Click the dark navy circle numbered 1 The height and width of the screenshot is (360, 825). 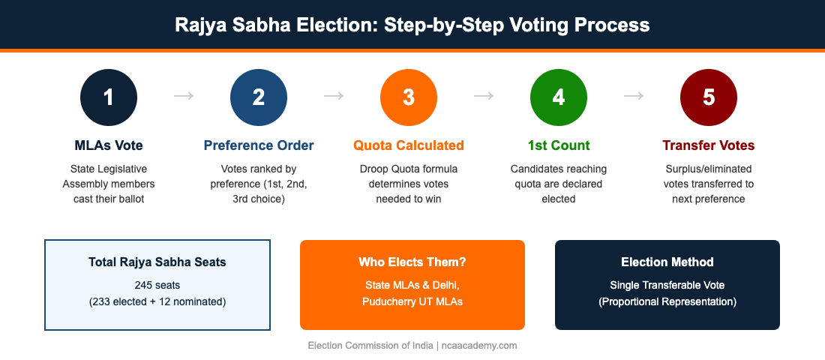(x=109, y=97)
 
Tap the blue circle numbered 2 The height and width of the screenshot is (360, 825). (x=259, y=97)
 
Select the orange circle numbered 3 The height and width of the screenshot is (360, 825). (x=409, y=97)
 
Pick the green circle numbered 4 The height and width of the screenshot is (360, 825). (x=559, y=97)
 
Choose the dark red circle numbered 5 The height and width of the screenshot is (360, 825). (x=709, y=97)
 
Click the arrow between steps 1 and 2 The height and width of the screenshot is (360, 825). (x=184, y=96)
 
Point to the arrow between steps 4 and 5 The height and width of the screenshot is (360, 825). (x=634, y=96)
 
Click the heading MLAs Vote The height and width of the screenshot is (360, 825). (x=109, y=145)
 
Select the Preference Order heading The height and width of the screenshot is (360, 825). (x=259, y=145)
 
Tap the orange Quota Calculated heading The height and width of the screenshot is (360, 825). (x=409, y=145)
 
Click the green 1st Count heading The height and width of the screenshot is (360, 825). (x=559, y=145)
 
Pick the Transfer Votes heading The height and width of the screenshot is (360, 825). (x=709, y=145)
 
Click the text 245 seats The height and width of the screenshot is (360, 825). (x=157, y=286)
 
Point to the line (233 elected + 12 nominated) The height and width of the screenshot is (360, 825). (x=157, y=302)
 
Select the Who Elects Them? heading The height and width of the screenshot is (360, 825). (x=412, y=262)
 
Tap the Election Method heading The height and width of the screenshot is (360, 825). (x=667, y=262)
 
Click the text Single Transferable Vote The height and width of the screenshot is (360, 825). (x=667, y=286)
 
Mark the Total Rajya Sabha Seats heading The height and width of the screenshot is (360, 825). (x=157, y=262)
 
